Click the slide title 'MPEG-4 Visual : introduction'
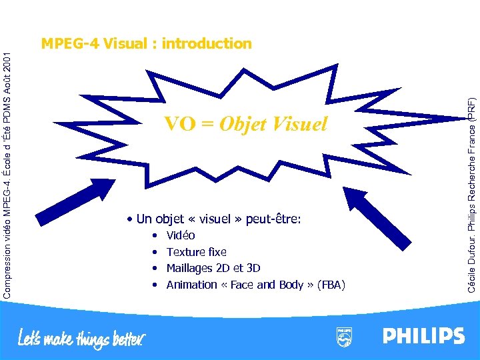(146, 44)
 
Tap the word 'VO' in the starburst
(179, 124)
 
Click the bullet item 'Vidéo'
(181, 235)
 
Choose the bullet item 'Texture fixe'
(196, 252)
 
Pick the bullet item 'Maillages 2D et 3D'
(213, 268)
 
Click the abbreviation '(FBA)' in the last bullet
(331, 285)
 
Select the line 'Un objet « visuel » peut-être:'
(218, 219)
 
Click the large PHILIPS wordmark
(423, 336)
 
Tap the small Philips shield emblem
(344, 337)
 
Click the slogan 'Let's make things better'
(81, 339)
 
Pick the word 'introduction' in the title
(206, 44)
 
